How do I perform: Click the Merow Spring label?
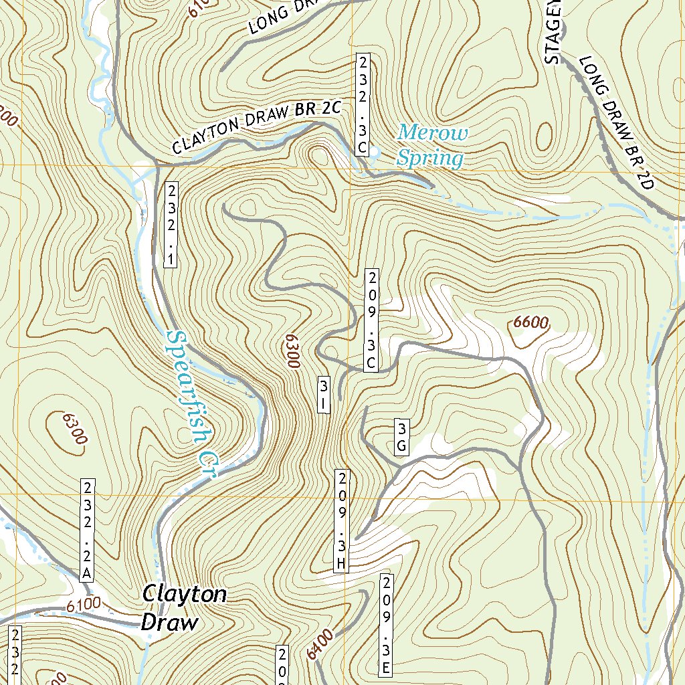pyautogui.click(x=431, y=145)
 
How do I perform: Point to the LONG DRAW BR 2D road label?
pyautogui.click(x=615, y=123)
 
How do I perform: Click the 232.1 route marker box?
pyautogui.click(x=171, y=224)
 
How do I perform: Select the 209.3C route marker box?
pyautogui.click(x=372, y=320)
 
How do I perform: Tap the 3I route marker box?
pyautogui.click(x=324, y=394)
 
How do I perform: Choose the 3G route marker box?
pyautogui.click(x=401, y=438)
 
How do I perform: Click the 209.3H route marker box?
pyautogui.click(x=341, y=521)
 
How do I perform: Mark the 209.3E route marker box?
pyautogui.click(x=386, y=623)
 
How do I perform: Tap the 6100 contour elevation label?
pyautogui.click(x=84, y=604)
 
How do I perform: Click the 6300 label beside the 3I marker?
pyautogui.click(x=290, y=351)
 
